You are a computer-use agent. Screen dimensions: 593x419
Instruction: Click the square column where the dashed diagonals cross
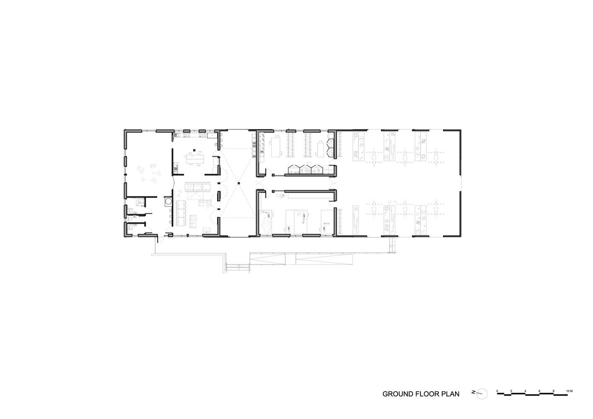(238, 183)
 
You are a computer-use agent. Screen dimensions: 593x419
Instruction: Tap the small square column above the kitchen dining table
(194, 150)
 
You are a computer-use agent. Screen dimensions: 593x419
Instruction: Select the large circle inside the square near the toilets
(168, 202)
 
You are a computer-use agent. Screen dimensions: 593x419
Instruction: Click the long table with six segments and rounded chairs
(197, 187)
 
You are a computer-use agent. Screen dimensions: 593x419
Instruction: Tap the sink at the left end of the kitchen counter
(176, 135)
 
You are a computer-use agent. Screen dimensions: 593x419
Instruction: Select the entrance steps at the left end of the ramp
(238, 267)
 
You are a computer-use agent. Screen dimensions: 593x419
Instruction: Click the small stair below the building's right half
(392, 245)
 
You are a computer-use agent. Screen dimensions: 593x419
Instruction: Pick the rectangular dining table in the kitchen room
(195, 159)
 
